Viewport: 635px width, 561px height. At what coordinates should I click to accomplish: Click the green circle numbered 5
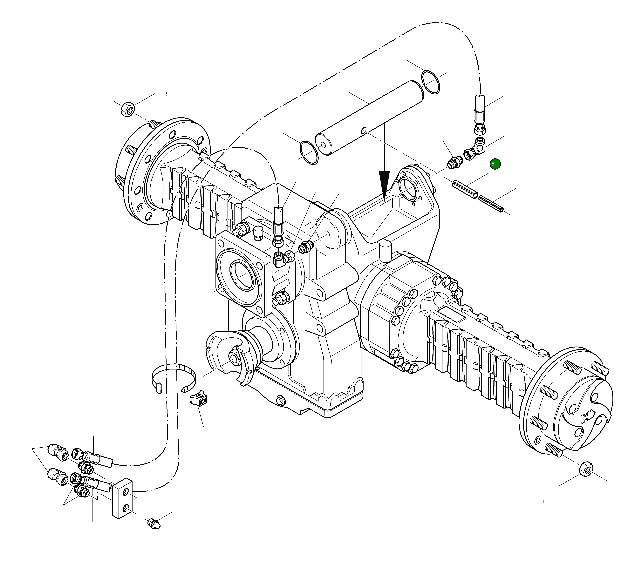[x=495, y=164]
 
